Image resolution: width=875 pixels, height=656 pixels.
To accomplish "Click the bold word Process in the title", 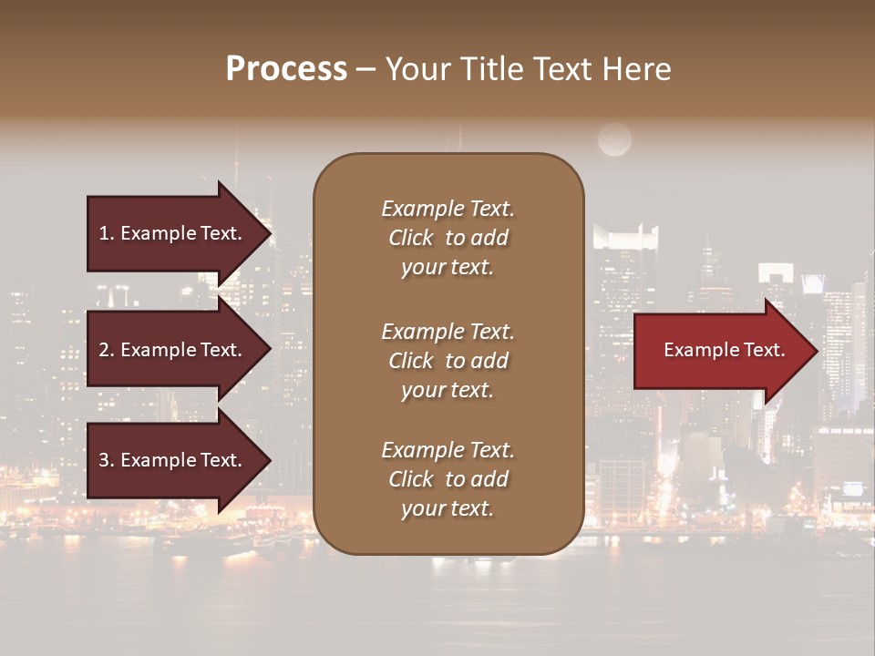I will [286, 69].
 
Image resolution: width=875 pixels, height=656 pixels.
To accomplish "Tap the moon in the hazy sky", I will [614, 140].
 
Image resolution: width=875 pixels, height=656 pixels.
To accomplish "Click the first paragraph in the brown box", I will [448, 238].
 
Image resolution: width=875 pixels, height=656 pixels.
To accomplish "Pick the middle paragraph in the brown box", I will [448, 361].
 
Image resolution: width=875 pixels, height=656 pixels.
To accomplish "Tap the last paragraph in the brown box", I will [448, 479].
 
